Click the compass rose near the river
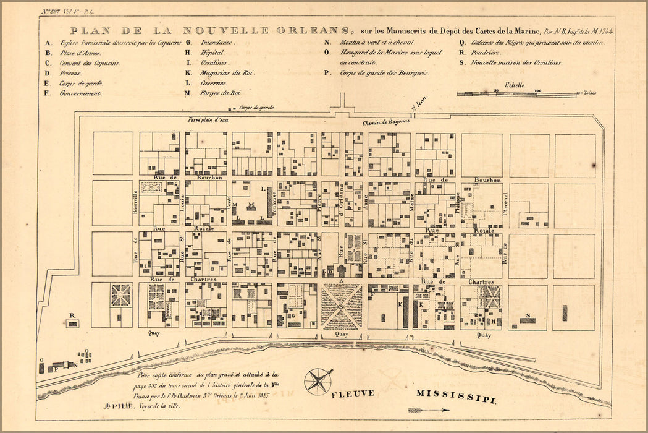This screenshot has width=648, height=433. pos(318,380)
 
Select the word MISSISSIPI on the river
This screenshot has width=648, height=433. pos(456,396)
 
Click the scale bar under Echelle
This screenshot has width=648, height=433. pos(516,95)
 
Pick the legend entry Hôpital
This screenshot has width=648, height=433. pos(212,53)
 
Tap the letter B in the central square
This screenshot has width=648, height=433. pos(341,306)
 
